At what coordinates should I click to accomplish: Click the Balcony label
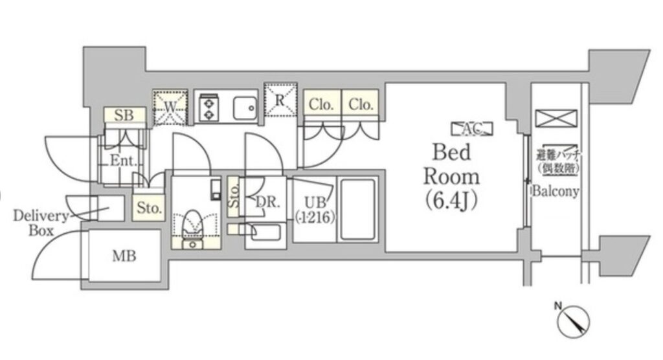click(556, 192)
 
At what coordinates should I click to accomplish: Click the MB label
click(124, 256)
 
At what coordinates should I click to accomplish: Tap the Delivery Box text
click(40, 223)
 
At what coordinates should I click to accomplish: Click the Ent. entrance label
click(122, 160)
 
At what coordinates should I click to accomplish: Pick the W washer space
click(170, 105)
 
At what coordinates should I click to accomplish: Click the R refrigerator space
click(280, 100)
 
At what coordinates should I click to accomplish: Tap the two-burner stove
click(210, 106)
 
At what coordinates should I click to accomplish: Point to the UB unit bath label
click(313, 208)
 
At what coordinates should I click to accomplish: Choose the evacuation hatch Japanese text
click(557, 161)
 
